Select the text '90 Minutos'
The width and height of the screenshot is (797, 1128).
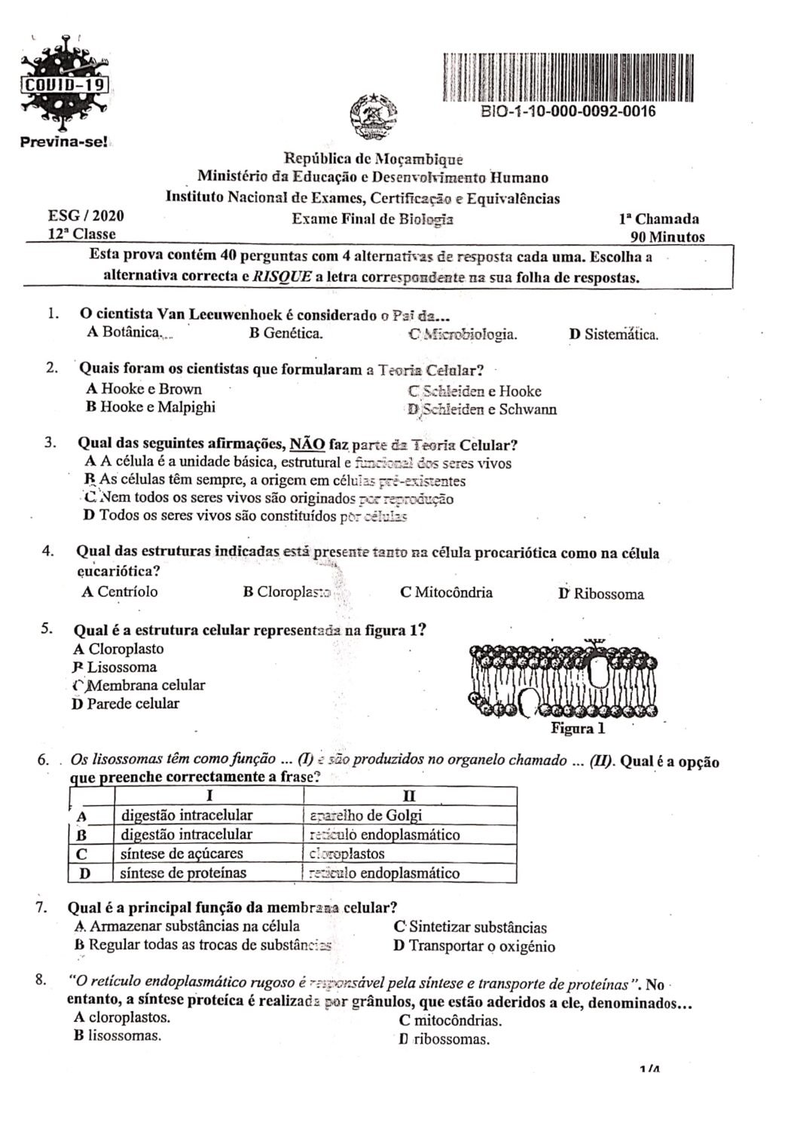pos(667,237)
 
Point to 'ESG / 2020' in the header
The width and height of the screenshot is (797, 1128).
pos(86,216)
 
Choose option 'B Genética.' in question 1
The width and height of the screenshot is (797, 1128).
pos(286,333)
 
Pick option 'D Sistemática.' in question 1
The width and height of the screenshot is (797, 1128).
pos(613,335)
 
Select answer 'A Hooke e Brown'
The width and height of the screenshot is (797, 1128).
pos(144,389)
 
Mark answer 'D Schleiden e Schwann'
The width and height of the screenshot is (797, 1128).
pos(482,409)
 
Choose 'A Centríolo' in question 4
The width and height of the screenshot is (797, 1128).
pos(120,592)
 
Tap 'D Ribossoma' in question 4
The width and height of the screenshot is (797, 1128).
pos(601,594)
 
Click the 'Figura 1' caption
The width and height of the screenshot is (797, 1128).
pos(578,729)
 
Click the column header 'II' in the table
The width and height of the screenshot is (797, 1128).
pos(410,796)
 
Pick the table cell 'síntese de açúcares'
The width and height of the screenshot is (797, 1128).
pos(182,854)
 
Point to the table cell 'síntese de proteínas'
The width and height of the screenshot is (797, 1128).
pos(183,873)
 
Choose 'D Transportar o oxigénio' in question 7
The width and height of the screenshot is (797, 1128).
pos(474,946)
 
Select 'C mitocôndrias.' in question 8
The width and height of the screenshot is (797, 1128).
pos(450,1021)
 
